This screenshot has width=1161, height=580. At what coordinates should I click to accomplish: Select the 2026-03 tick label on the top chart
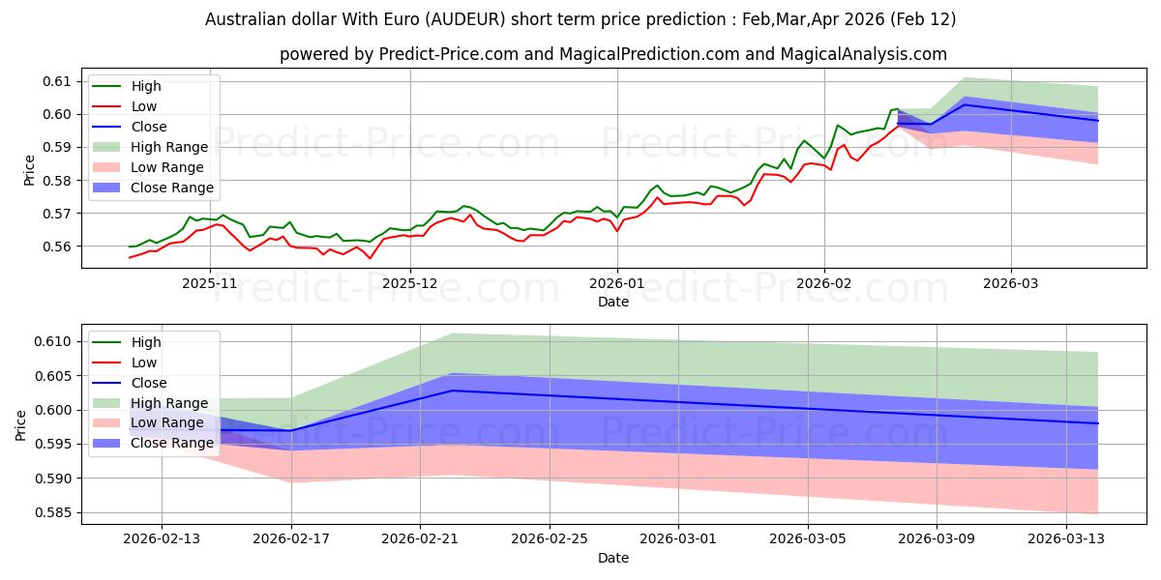(x=1011, y=283)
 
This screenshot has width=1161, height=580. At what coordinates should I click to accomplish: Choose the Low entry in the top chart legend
(x=143, y=106)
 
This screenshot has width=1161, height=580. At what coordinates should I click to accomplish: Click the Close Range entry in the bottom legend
(x=172, y=443)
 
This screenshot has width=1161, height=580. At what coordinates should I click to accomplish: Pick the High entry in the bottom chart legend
(x=146, y=342)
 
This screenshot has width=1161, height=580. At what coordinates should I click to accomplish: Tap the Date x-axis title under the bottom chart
(x=613, y=558)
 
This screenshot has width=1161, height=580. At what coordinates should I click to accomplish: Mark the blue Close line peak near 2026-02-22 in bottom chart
(x=453, y=391)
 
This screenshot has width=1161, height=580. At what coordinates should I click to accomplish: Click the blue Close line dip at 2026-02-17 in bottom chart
(x=291, y=431)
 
